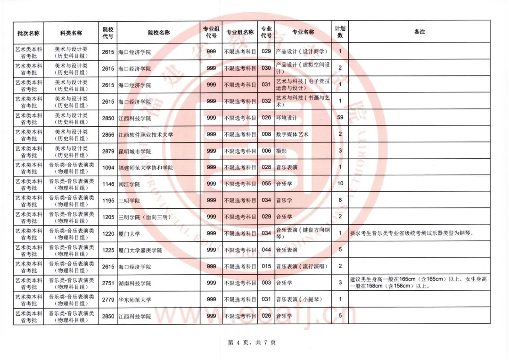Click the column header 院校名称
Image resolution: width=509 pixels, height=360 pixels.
(158, 33)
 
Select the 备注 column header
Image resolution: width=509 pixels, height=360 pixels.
(419, 32)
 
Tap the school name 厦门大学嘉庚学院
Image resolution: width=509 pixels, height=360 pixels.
(140, 250)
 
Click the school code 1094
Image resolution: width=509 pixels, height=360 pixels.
(108, 168)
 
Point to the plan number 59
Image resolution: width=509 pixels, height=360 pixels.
(340, 118)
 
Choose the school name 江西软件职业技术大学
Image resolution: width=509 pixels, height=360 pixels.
(146, 135)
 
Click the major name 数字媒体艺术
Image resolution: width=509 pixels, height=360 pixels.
(292, 134)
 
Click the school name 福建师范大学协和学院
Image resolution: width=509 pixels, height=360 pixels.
(145, 168)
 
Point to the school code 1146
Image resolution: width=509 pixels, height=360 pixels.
(108, 184)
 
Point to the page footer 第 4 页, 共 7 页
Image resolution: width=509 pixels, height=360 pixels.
(252, 343)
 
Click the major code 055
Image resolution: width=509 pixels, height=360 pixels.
(266, 184)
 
